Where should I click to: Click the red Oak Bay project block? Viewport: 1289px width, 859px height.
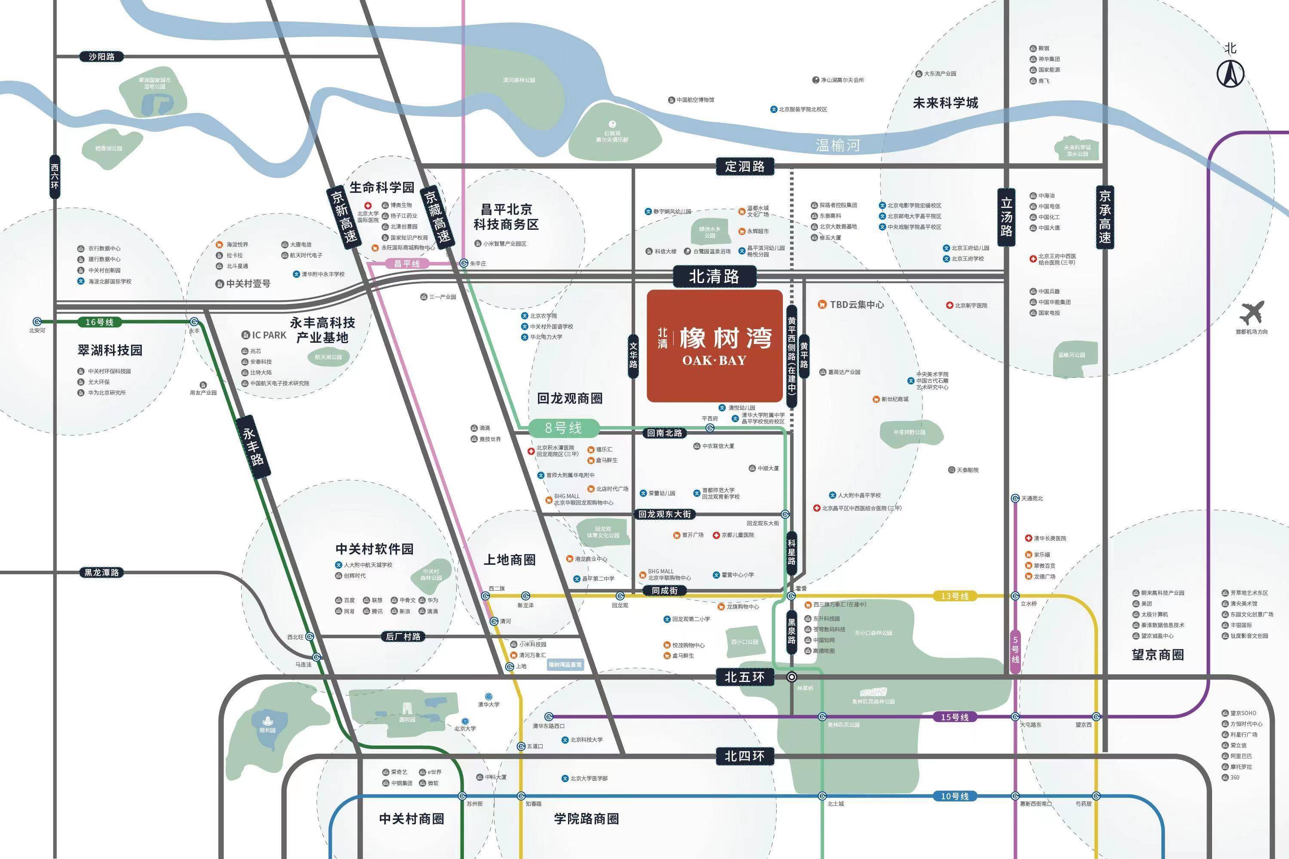point(714,346)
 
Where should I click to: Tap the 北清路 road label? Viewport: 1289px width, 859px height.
point(714,277)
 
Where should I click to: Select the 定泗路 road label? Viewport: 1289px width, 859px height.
point(744,166)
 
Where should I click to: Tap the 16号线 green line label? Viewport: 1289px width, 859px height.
point(99,322)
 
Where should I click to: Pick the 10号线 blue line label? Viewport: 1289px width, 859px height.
point(955,796)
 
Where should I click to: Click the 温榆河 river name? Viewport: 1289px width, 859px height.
point(837,145)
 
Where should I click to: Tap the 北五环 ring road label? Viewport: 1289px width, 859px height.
point(744,677)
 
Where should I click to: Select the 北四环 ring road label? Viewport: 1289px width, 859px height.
point(744,756)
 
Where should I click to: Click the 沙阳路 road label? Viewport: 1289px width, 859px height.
point(102,56)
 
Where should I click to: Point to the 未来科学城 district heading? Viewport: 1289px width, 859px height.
point(945,103)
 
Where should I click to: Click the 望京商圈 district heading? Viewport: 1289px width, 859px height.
point(1158,655)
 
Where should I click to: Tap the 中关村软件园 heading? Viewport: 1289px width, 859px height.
point(375,549)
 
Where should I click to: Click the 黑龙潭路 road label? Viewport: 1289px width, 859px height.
point(102,573)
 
